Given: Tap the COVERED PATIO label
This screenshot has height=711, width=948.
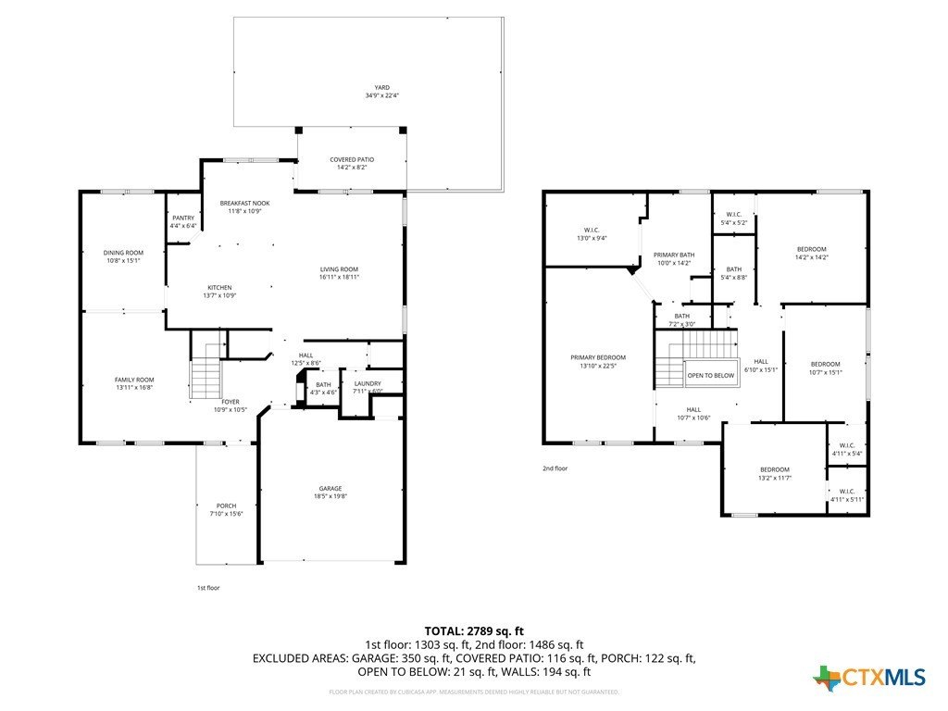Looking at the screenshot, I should (x=351, y=160).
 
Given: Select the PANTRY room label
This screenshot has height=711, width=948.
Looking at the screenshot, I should (x=183, y=218).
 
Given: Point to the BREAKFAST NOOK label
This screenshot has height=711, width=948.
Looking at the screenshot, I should (x=244, y=203).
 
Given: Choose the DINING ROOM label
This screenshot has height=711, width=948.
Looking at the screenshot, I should (x=123, y=253).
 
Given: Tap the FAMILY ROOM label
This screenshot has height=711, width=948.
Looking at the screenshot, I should (x=134, y=380).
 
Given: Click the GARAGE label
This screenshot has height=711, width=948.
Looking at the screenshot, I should (x=331, y=488).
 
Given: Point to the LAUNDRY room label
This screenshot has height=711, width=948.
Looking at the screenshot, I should (x=368, y=382).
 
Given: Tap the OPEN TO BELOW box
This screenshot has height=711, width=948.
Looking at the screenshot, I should (x=710, y=376).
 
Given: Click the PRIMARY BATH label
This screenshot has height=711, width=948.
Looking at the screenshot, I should (x=673, y=255).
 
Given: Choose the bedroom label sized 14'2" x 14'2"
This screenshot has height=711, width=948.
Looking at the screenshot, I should (x=812, y=249).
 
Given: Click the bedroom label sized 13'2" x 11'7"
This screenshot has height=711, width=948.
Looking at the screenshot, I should (x=775, y=469).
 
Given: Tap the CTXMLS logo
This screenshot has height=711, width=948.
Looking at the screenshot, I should (x=869, y=678).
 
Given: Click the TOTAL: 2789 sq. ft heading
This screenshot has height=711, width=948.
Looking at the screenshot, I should (x=474, y=630).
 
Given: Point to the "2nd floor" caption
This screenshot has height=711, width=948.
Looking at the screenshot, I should (x=555, y=468).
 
